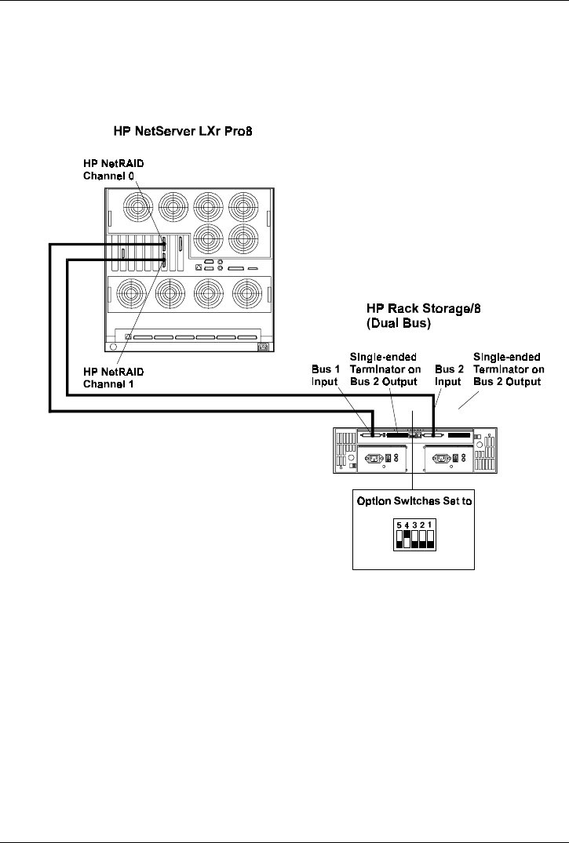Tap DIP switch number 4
click(407, 538)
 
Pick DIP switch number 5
click(399, 538)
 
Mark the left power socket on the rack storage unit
click(374, 457)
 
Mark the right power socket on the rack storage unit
click(444, 457)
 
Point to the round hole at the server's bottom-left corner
click(114, 346)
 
